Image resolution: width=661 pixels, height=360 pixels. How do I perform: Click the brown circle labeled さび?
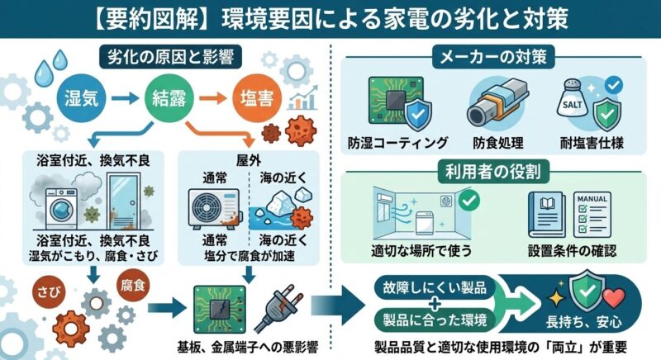click(50, 290)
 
